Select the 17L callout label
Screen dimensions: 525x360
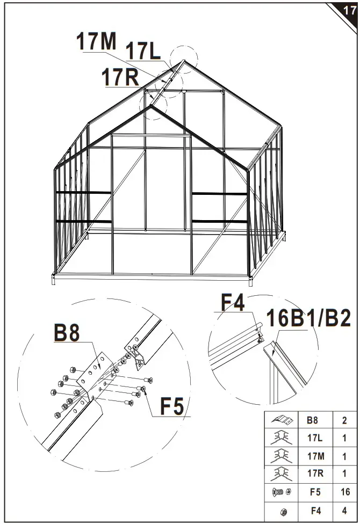click(x=142, y=52)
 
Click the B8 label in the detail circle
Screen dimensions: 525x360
click(x=67, y=333)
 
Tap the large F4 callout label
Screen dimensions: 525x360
click(x=233, y=303)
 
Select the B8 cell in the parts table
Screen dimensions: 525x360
click(x=312, y=420)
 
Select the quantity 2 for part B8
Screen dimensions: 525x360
click(x=344, y=420)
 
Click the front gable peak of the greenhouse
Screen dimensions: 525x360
click(x=152, y=106)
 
